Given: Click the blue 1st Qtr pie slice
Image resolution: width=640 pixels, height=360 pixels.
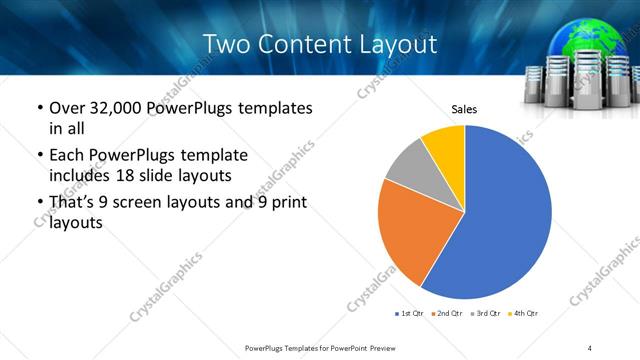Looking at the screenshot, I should (510, 215).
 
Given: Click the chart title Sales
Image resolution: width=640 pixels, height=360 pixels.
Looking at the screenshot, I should (465, 108).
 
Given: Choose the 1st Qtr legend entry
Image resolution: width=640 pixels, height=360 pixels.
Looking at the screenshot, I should (410, 314).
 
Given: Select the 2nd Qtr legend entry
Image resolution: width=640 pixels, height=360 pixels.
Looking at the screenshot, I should (446, 314).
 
